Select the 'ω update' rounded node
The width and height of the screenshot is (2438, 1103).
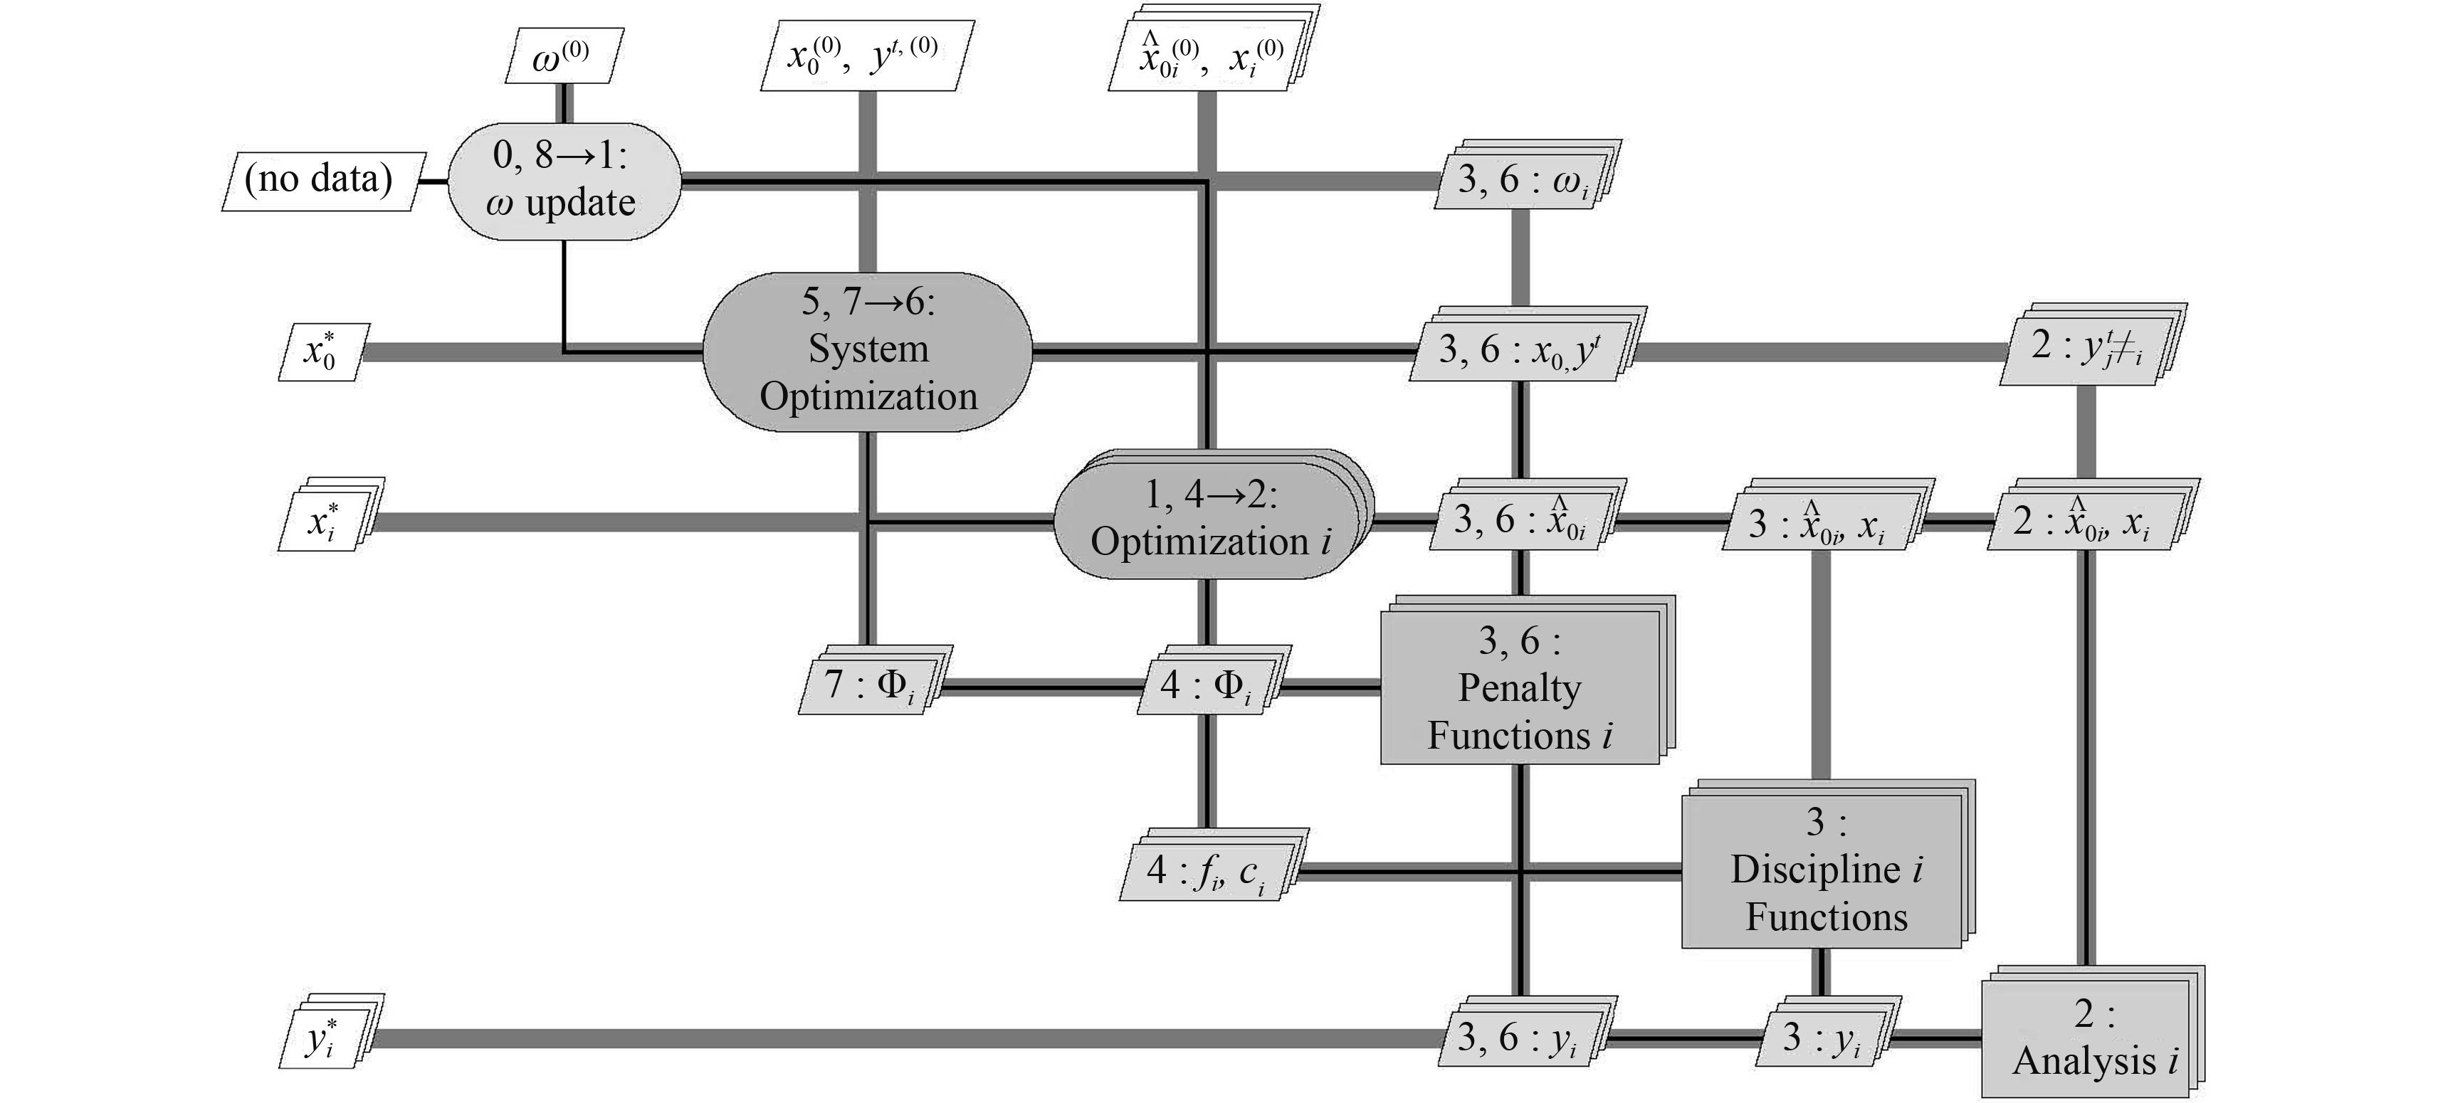coord(563,181)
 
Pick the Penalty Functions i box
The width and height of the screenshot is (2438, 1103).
coord(1520,687)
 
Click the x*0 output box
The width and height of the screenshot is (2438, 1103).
coord(322,352)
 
